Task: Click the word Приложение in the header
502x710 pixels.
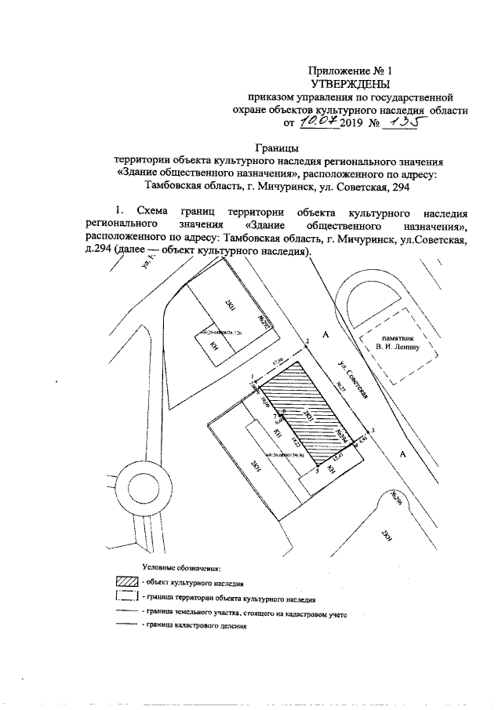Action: (x=339, y=71)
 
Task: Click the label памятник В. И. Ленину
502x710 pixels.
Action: (x=393, y=341)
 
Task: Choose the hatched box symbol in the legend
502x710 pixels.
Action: (x=127, y=582)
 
